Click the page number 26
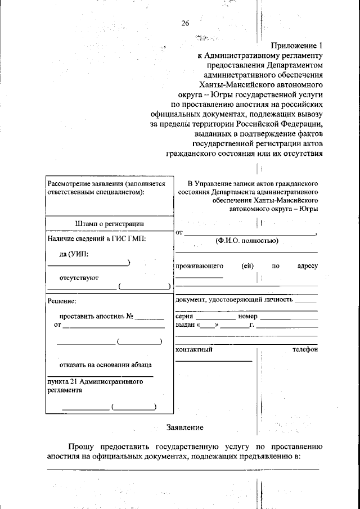point(185,23)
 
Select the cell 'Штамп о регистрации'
point(109,224)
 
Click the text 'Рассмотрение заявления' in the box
point(85,183)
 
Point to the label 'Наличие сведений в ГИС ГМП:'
point(96,239)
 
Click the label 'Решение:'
point(61,302)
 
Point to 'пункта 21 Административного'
point(94,381)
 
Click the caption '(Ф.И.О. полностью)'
point(246,241)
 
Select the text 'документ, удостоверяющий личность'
point(234,300)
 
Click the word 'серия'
point(184,317)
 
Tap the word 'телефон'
point(304,350)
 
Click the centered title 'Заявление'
point(184,427)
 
